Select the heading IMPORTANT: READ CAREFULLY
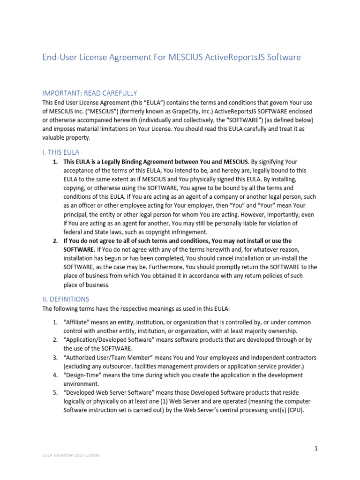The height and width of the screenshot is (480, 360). point(90,93)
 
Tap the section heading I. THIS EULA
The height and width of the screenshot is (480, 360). point(61,152)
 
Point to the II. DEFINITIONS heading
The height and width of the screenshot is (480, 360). point(66,299)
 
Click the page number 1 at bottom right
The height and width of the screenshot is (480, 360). point(316,449)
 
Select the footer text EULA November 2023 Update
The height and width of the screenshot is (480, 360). point(71,455)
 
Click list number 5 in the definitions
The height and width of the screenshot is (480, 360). point(54,392)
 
